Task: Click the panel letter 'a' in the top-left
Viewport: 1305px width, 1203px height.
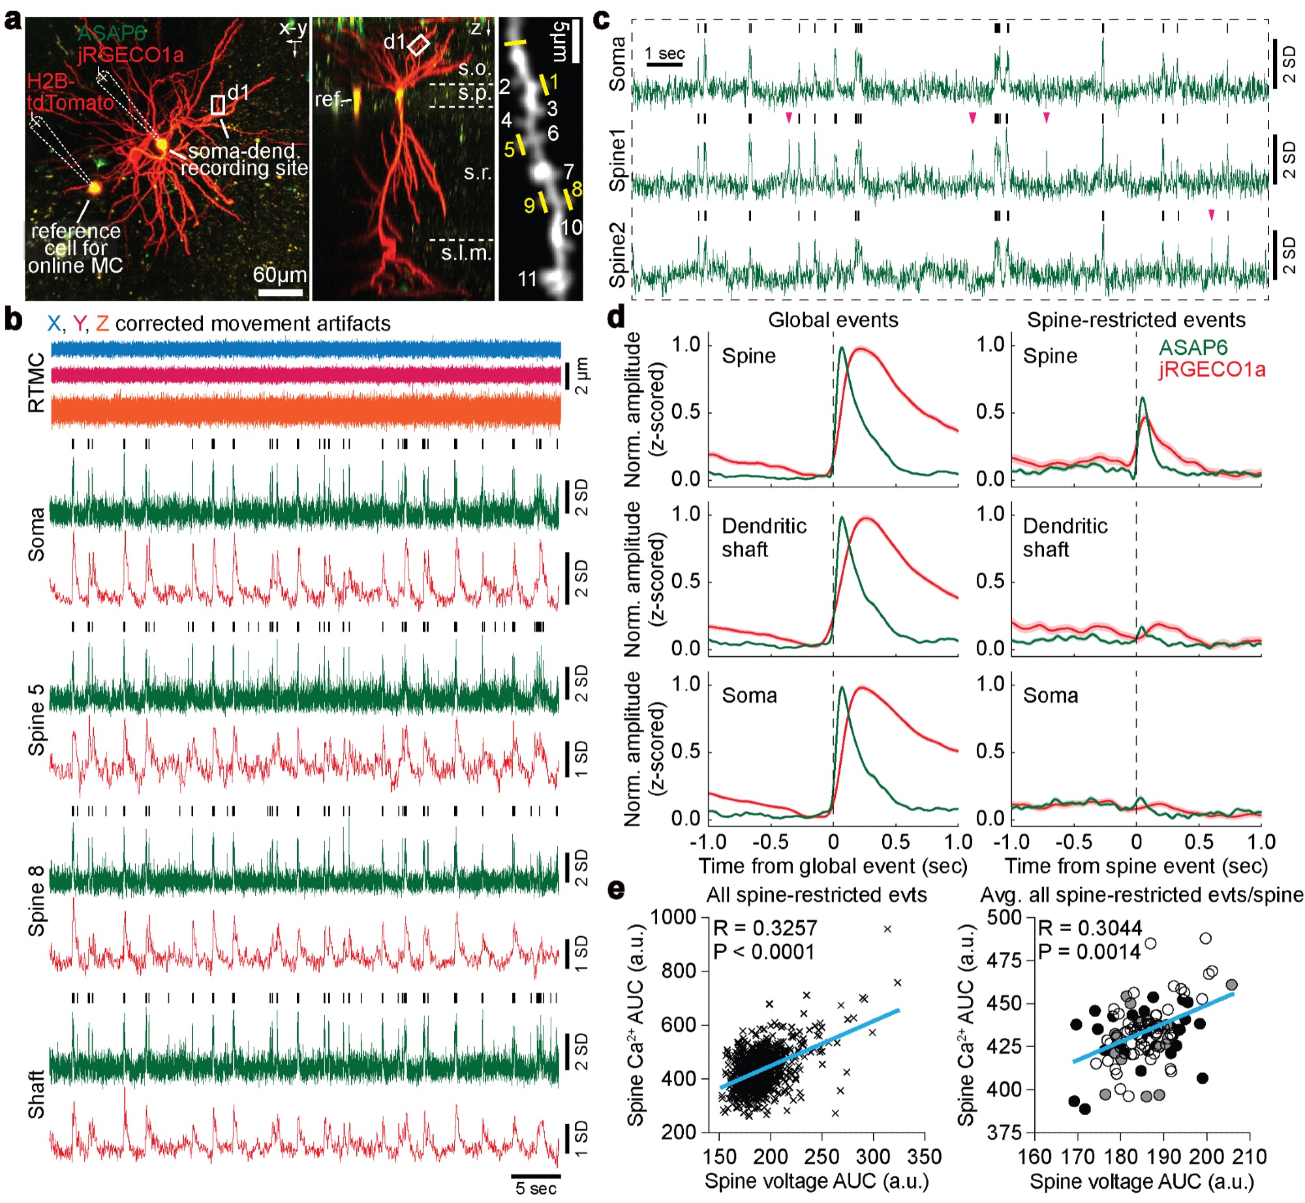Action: pyautogui.click(x=12, y=21)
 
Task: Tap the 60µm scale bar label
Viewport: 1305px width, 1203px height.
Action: pyautogui.click(x=279, y=275)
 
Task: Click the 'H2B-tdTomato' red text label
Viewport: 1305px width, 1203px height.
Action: pyautogui.click(x=70, y=92)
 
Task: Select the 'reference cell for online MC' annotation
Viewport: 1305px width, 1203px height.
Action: pyautogui.click(x=75, y=249)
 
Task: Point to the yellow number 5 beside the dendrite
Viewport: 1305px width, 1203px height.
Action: pyautogui.click(x=510, y=149)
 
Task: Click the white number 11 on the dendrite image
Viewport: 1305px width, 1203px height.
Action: pyautogui.click(x=527, y=279)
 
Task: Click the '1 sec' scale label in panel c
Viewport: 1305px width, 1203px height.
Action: pyautogui.click(x=665, y=53)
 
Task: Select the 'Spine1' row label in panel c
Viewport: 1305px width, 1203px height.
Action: pyautogui.click(x=617, y=160)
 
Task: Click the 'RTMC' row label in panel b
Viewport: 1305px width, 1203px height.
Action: pyautogui.click(x=37, y=383)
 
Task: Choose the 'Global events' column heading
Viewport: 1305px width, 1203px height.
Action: pyautogui.click(x=833, y=320)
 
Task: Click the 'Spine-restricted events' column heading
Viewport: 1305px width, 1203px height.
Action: pyautogui.click(x=1135, y=320)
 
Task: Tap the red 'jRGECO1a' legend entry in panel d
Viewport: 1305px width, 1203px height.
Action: pyautogui.click(x=1212, y=370)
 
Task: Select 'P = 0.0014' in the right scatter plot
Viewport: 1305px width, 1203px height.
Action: pyautogui.click(x=1089, y=952)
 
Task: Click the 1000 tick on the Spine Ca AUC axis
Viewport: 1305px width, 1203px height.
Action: pyautogui.click(x=673, y=917)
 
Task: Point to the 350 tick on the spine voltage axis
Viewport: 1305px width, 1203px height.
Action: pyautogui.click(x=924, y=1157)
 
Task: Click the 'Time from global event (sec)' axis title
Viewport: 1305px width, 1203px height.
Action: pyautogui.click(x=833, y=866)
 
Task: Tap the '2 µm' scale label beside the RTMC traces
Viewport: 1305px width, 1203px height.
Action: pyautogui.click(x=581, y=376)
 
